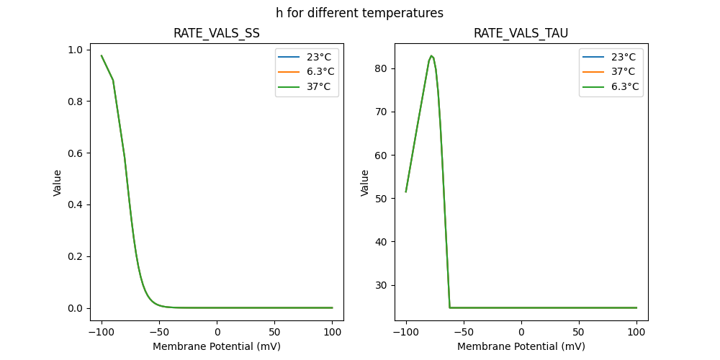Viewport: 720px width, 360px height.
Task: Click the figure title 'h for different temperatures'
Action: pos(359,13)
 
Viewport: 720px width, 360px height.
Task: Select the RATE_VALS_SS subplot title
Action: pos(217,34)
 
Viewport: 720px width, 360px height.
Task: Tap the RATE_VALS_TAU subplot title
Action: pos(521,34)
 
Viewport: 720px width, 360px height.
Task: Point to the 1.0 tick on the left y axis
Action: pos(76,50)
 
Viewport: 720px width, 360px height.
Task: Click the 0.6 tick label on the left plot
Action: pos(76,153)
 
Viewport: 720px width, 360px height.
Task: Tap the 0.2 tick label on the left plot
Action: pos(76,256)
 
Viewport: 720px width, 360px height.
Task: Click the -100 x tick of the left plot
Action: pos(101,331)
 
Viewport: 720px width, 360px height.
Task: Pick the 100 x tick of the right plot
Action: pos(636,331)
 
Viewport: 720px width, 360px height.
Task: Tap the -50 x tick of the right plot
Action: pos(463,331)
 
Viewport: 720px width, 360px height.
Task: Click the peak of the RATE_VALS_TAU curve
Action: pos(431,55)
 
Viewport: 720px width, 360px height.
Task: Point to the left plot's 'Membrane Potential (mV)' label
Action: pos(217,346)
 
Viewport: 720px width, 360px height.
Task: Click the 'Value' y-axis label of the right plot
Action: pos(365,183)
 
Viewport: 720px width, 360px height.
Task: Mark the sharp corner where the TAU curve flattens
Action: pos(450,307)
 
